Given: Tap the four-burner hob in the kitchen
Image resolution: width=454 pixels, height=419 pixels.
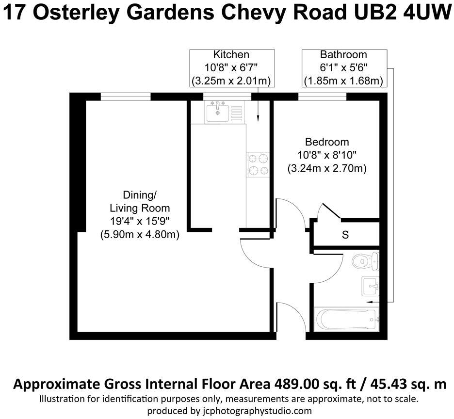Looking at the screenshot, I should tap(259, 164).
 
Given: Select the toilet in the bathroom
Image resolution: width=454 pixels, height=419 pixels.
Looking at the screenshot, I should tap(364, 261).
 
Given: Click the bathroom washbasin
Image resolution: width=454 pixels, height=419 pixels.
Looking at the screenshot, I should tap(371, 285).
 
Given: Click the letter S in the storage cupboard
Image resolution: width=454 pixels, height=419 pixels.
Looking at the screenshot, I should tap(345, 235).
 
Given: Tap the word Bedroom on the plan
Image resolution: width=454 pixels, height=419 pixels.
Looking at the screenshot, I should tap(326, 142).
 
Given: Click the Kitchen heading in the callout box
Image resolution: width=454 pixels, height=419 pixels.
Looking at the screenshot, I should tap(231, 55).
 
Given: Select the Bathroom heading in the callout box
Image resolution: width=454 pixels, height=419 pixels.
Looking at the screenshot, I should tap(343, 55).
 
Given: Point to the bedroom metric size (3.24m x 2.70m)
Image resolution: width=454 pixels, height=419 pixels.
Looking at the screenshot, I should tap(326, 169).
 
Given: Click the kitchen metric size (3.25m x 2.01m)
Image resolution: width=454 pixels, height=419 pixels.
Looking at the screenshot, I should tap(232, 80).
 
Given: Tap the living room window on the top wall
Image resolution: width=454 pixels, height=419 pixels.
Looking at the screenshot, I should tap(126, 97).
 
